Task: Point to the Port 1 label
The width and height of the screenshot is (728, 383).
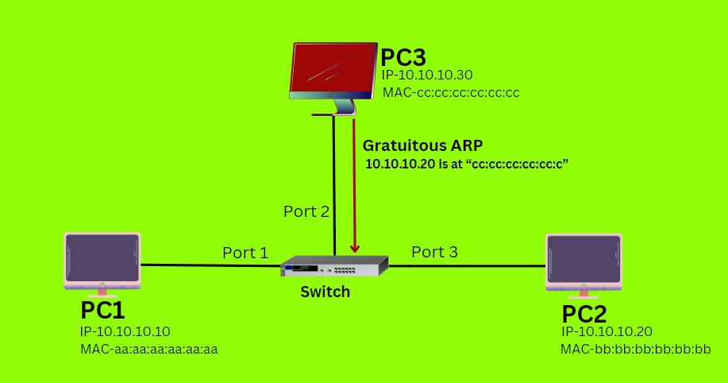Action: tap(245, 253)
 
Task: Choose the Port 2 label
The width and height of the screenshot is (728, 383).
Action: tap(306, 211)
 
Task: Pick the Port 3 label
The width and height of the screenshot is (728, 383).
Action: tap(434, 252)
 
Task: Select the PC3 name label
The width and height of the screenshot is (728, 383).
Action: tap(403, 58)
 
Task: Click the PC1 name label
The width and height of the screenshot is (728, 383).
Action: tap(102, 310)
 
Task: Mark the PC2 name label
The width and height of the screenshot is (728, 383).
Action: tap(585, 313)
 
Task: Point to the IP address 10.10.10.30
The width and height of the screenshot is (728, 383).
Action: tap(437, 75)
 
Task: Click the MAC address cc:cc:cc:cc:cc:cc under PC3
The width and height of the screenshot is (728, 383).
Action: tap(451, 93)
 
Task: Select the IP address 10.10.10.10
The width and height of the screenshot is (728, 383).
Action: tap(125, 331)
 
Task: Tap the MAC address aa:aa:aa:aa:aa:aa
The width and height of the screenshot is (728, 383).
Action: tap(149, 349)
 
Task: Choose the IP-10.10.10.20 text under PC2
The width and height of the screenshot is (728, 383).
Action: tap(607, 332)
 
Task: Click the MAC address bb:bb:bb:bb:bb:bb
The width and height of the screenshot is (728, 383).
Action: tap(635, 349)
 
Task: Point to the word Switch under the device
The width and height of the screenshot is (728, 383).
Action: tap(325, 292)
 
